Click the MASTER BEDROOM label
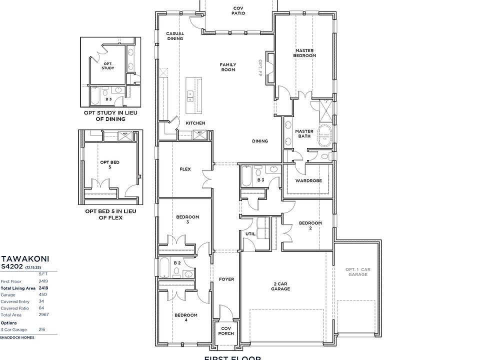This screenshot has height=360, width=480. click(x=304, y=53)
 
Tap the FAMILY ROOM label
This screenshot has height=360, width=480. click(x=228, y=67)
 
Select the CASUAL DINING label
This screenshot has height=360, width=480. click(x=175, y=36)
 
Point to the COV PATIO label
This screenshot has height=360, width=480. click(x=238, y=10)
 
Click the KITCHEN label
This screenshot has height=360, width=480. click(x=195, y=123)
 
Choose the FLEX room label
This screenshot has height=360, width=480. click(x=185, y=169)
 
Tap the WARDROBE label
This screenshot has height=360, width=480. click(x=308, y=180)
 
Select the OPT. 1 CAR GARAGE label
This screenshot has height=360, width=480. click(x=358, y=272)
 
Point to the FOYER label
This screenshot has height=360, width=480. click(x=226, y=279)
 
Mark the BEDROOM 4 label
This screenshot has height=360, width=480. click(x=186, y=317)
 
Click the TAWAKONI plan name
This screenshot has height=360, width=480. click(x=18, y=259)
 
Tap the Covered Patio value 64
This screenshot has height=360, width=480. click(x=43, y=309)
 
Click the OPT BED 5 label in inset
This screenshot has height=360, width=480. click(x=109, y=164)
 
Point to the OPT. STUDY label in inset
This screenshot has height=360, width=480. click(x=108, y=65)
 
